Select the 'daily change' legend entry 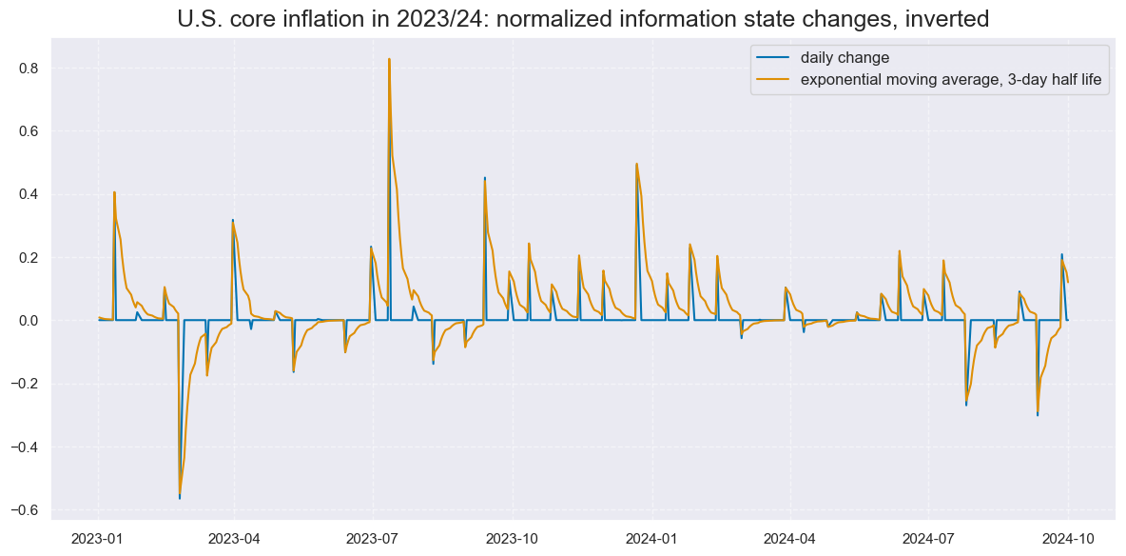click(844, 58)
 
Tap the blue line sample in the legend click(771, 58)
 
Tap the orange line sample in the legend click(771, 80)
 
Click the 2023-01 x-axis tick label click(98, 539)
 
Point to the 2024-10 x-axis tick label click(1068, 539)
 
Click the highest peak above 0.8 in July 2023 click(389, 59)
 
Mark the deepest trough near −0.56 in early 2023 click(179, 496)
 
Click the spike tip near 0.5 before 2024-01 click(636, 164)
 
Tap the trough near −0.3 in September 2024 click(1038, 413)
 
